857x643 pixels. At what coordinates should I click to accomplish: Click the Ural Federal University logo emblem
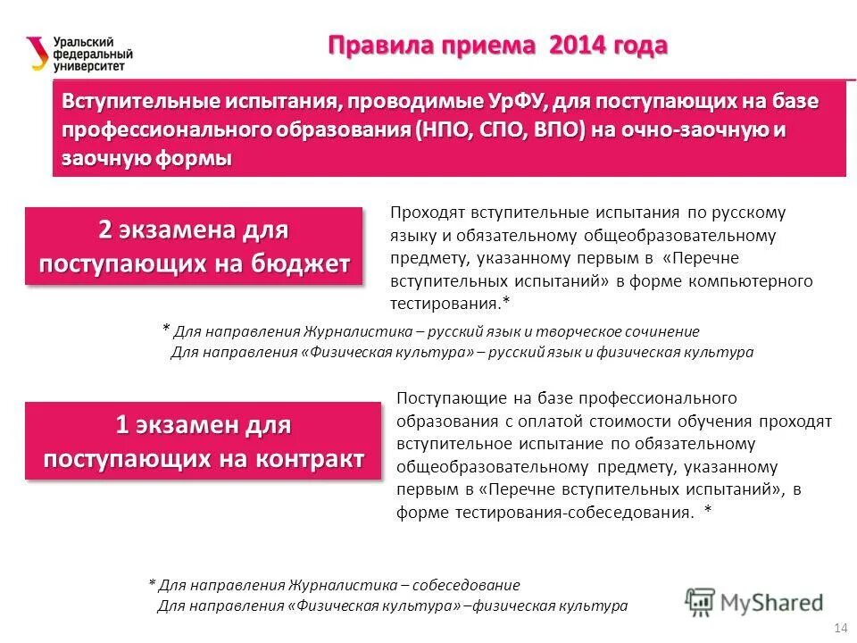coord(37,52)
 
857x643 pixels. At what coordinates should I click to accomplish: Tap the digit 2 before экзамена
coord(105,230)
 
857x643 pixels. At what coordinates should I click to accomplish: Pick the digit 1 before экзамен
coord(121,425)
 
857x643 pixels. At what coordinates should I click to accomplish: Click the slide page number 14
coord(839,627)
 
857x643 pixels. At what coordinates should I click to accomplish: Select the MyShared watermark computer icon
coord(701,602)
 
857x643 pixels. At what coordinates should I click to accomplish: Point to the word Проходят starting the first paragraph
coord(422,213)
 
